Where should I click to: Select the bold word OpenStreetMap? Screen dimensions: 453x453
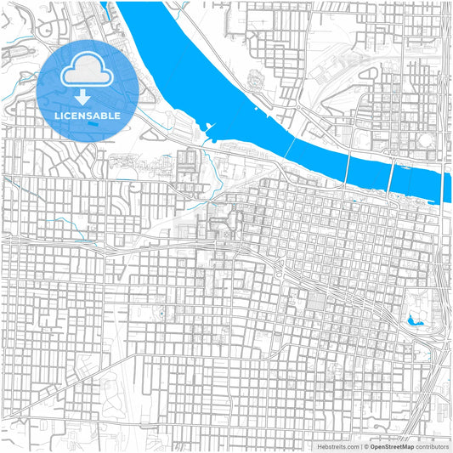[393, 445]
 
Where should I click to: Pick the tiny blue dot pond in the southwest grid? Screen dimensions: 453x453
[160, 315]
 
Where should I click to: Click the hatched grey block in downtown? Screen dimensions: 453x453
[315, 301]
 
